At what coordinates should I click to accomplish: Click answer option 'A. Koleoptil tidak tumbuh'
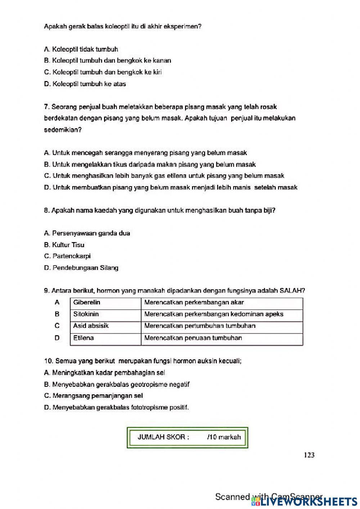pyautogui.click(x=81, y=49)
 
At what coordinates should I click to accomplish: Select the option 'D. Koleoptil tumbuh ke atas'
pyautogui.click(x=85, y=84)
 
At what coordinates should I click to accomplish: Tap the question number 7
pyautogui.click(x=46, y=107)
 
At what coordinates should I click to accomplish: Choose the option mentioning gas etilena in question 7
pyautogui.click(x=164, y=176)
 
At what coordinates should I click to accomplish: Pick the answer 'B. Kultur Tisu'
pyautogui.click(x=64, y=245)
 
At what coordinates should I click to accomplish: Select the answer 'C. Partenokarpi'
pyautogui.click(x=67, y=256)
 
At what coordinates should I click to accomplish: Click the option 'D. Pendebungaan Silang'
pyautogui.click(x=81, y=268)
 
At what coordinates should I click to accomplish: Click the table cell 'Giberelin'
pyautogui.click(x=87, y=303)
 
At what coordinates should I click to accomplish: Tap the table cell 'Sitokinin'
pyautogui.click(x=86, y=314)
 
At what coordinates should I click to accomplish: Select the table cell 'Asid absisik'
pyautogui.click(x=91, y=326)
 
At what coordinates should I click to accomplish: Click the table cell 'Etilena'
pyautogui.click(x=84, y=338)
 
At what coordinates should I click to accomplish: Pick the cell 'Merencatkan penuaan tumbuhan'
pyautogui.click(x=193, y=338)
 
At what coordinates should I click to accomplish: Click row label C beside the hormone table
pyautogui.click(x=57, y=326)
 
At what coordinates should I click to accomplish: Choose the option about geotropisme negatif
pyautogui.click(x=117, y=384)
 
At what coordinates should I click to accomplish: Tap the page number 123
pyautogui.click(x=309, y=455)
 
